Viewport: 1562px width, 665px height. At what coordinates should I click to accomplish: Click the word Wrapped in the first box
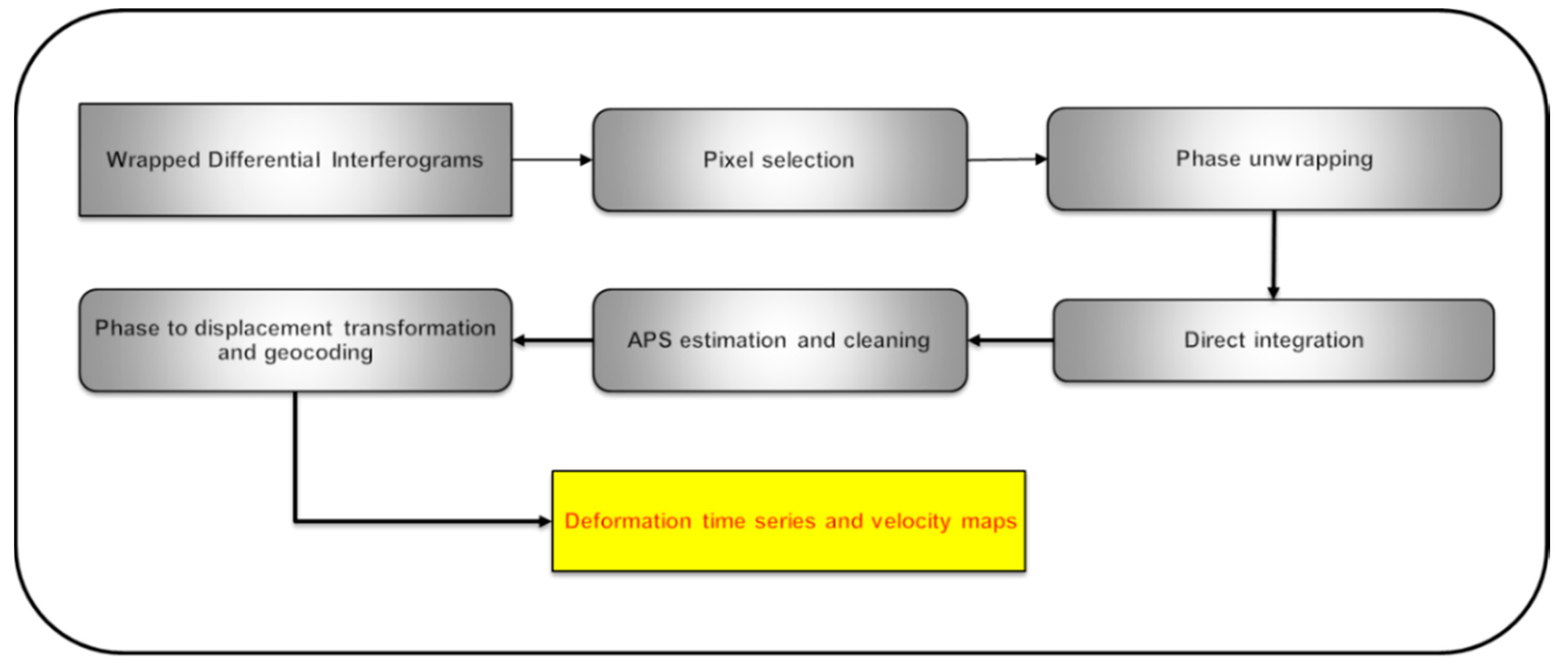click(x=153, y=161)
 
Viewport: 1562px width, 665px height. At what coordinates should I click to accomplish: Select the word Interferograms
click(x=407, y=160)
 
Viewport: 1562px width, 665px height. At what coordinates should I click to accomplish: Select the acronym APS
click(x=649, y=340)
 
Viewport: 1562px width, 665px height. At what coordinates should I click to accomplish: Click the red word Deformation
click(x=628, y=521)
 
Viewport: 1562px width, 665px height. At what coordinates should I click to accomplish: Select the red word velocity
click(x=911, y=521)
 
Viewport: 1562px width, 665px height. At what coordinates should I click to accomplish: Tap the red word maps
click(x=989, y=521)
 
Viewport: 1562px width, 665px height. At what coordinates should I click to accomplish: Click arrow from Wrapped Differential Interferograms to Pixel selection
click(x=552, y=160)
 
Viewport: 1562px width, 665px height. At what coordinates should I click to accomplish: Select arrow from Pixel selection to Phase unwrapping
click(x=1007, y=160)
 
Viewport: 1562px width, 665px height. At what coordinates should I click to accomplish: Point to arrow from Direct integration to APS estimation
click(x=1010, y=341)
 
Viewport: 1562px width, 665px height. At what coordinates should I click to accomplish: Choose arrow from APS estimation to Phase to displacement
click(x=552, y=341)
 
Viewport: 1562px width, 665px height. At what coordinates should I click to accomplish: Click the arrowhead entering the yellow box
click(x=544, y=521)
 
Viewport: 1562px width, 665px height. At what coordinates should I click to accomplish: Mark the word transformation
click(x=419, y=328)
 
